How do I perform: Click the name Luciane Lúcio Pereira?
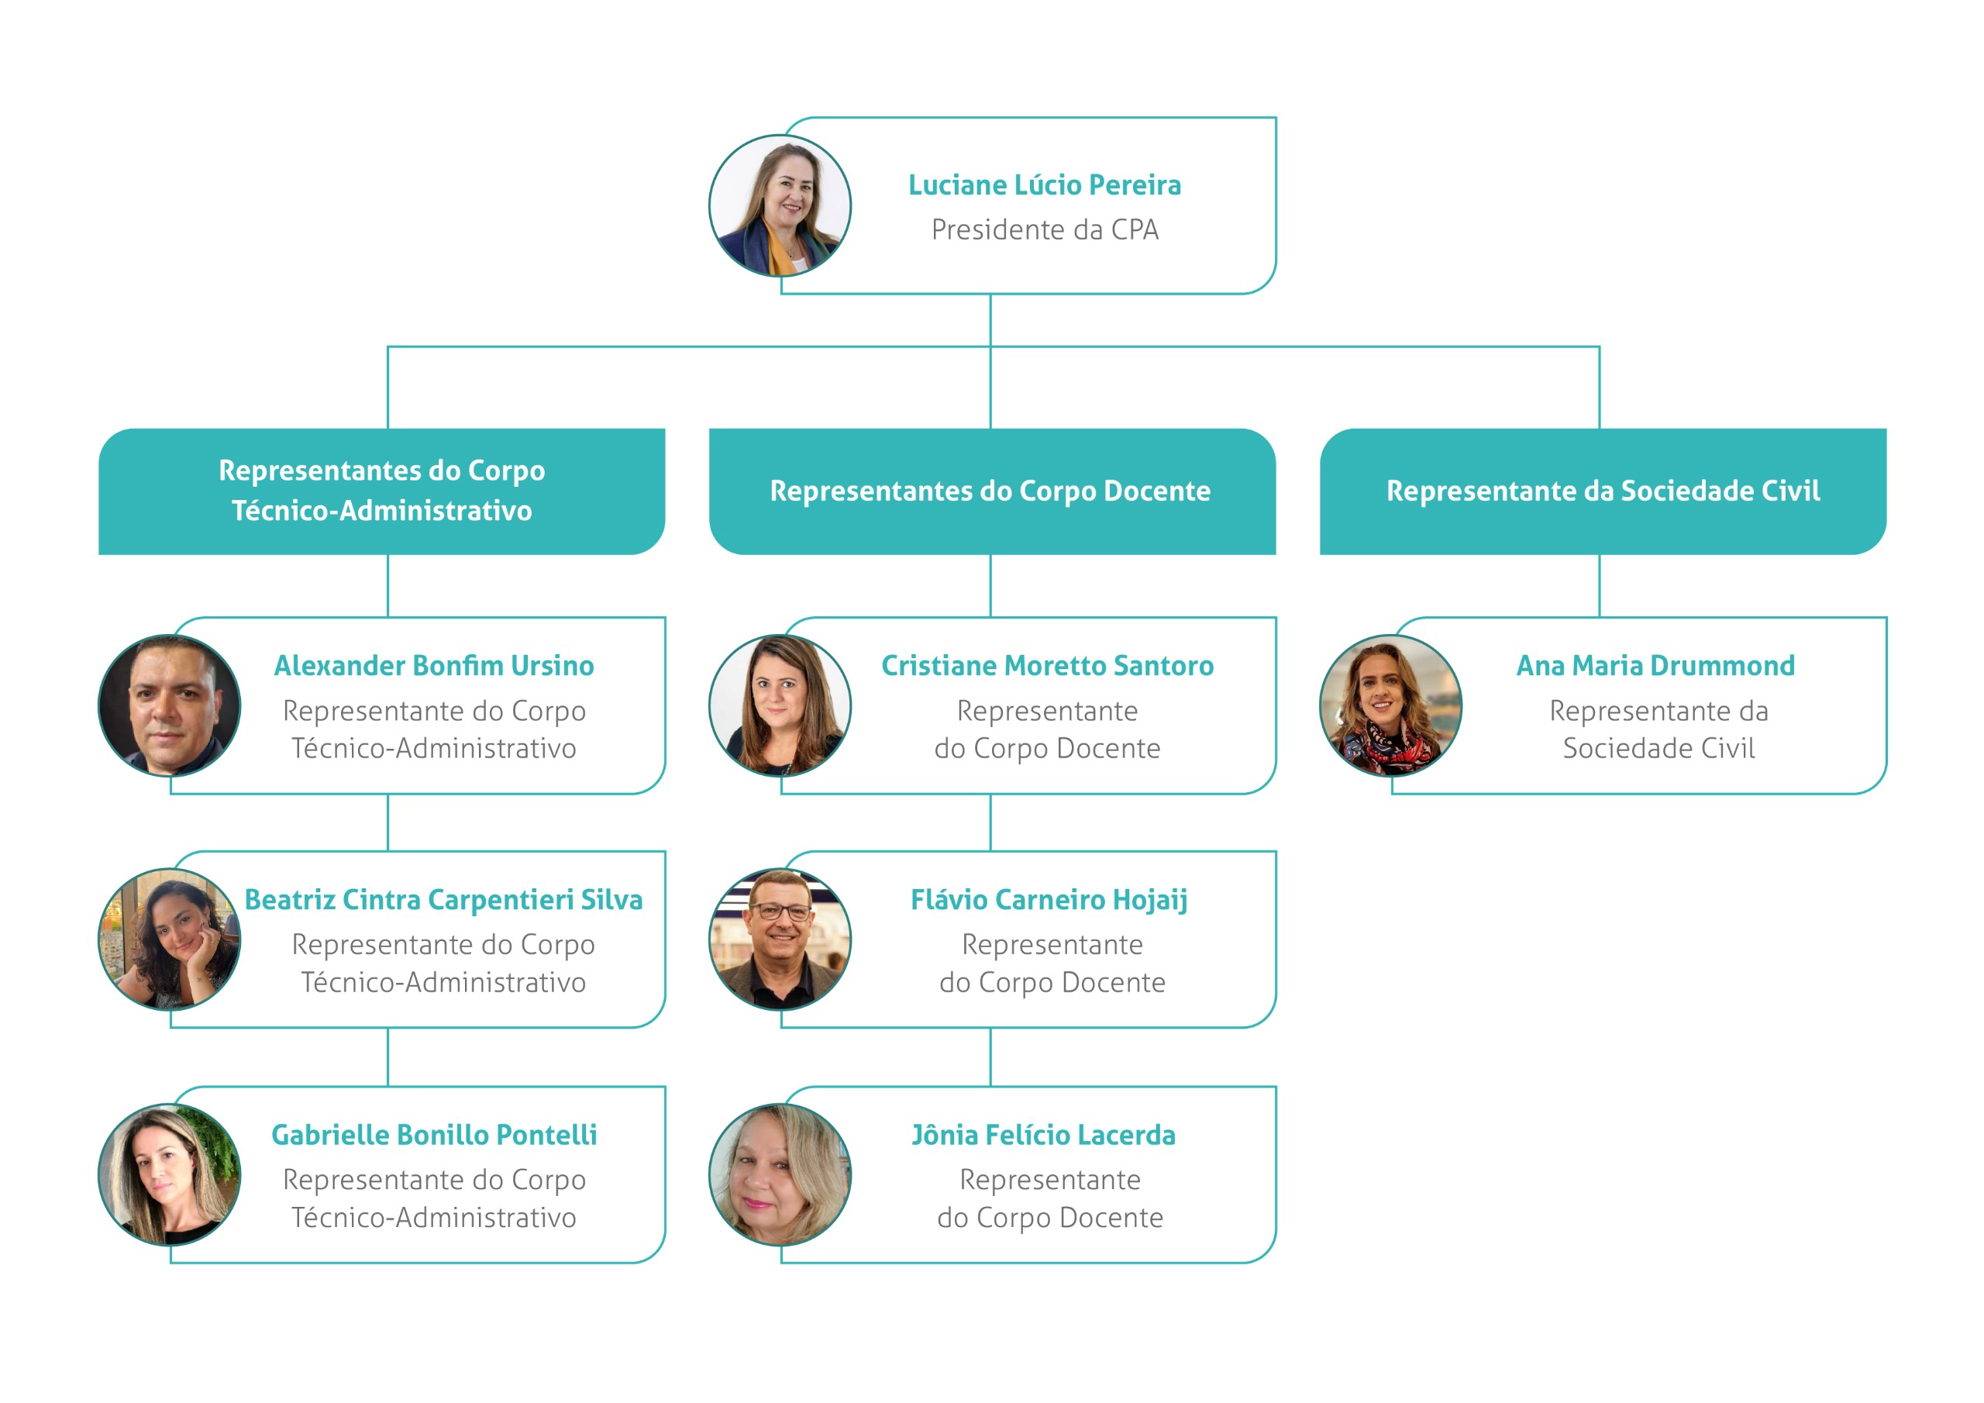click(1044, 185)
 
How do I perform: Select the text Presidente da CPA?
click(1045, 230)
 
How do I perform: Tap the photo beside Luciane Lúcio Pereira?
click(780, 205)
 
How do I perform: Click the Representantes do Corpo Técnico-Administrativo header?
click(382, 491)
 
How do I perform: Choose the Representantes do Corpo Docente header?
click(992, 491)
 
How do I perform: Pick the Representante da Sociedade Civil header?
click(1603, 491)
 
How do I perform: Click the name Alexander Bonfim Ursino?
click(434, 666)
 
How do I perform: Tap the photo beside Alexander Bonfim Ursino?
click(170, 705)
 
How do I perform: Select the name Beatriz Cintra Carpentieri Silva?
click(443, 900)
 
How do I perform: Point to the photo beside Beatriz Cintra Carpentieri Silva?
click(170, 939)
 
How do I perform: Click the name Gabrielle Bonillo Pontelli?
click(434, 1135)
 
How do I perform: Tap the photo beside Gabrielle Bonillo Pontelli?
click(170, 1175)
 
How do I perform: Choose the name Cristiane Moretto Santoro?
click(1047, 666)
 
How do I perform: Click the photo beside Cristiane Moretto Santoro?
click(780, 705)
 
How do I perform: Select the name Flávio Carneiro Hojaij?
click(1049, 901)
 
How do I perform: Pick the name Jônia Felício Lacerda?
click(1044, 1135)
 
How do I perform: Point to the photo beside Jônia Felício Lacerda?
click(780, 1175)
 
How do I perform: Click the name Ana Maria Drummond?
click(1655, 666)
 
